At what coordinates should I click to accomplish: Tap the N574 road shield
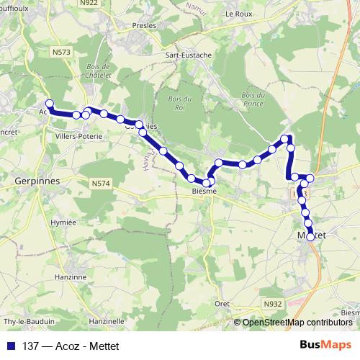[x=102, y=185]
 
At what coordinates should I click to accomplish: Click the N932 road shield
[x=273, y=305]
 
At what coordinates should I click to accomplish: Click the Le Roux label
[x=237, y=14]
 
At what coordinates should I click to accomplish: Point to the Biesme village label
[x=204, y=192]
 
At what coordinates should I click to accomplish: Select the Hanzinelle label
[x=107, y=320]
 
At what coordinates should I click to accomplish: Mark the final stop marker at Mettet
[x=311, y=236]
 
